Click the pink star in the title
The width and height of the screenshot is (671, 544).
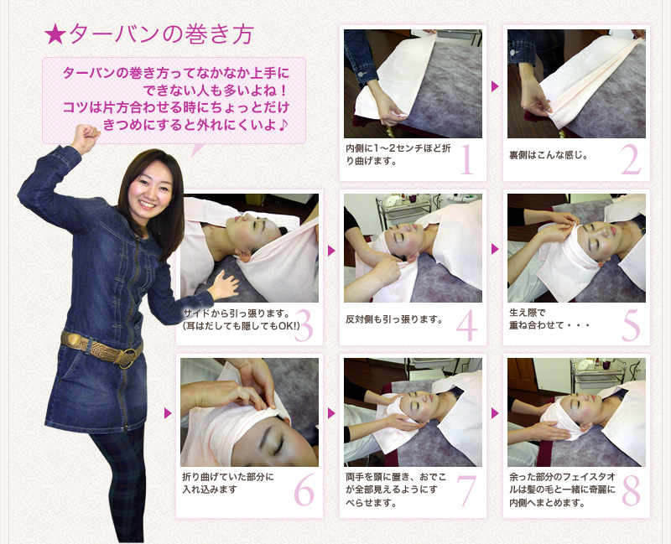[x=55, y=35]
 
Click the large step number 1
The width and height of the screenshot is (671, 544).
[x=467, y=159]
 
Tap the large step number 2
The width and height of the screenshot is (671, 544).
[x=632, y=159]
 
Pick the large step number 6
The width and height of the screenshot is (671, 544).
[x=304, y=490]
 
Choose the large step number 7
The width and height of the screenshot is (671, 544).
[x=467, y=490]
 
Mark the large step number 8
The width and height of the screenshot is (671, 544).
[x=632, y=490]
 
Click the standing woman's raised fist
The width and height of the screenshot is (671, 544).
[x=86, y=137]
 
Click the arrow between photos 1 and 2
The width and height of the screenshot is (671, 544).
[x=495, y=86]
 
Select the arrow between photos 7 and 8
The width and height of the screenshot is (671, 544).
[x=495, y=413]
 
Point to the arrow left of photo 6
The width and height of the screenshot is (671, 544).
[x=168, y=413]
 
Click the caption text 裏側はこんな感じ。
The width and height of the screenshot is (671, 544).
[x=549, y=155]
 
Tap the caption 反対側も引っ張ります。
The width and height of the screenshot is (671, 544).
[x=394, y=319]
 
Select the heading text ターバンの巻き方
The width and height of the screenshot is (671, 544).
[x=161, y=34]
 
